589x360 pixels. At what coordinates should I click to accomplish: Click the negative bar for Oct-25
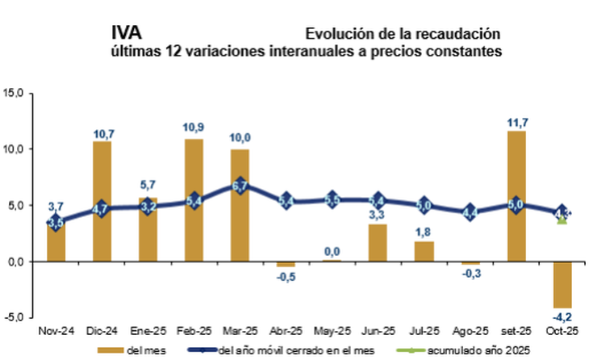click(562, 284)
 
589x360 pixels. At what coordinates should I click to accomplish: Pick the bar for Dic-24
click(102, 201)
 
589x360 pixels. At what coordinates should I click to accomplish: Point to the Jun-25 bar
click(378, 243)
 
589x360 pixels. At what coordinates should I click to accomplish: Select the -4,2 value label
click(563, 316)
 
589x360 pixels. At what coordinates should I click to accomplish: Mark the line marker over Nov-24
click(56, 223)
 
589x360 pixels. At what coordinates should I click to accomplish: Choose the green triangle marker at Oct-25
click(562, 219)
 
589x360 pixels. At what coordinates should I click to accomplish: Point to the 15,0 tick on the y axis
click(15, 93)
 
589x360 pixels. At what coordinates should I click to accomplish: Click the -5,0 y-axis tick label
click(15, 317)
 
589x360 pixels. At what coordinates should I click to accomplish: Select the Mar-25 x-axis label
click(240, 332)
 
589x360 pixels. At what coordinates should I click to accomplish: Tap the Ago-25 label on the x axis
click(470, 332)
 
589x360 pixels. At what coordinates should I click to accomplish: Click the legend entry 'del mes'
click(142, 350)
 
